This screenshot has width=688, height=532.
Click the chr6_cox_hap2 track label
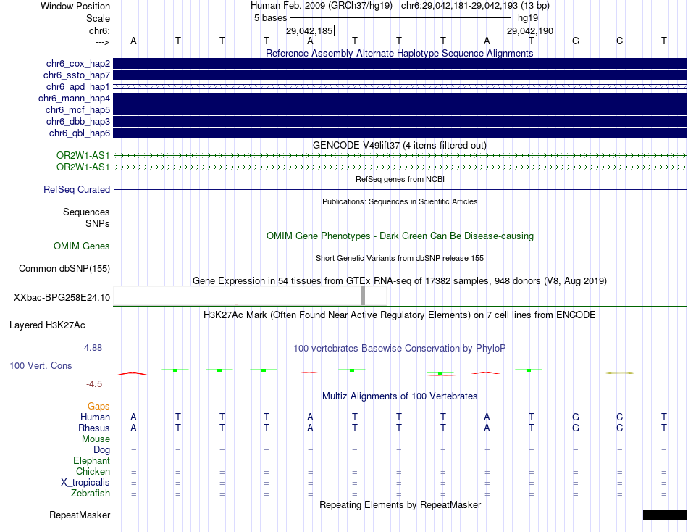click(x=77, y=64)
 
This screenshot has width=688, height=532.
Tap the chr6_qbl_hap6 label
click(x=80, y=133)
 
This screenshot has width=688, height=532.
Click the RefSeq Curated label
click(x=77, y=190)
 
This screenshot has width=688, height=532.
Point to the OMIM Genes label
click(x=82, y=246)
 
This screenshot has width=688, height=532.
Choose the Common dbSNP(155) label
click(x=64, y=269)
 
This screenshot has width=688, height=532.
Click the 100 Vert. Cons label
click(x=41, y=366)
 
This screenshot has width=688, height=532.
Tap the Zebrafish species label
click(x=91, y=494)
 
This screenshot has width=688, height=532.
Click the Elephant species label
click(x=91, y=461)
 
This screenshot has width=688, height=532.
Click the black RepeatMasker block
click(x=665, y=515)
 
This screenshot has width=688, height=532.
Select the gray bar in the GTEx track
click(x=364, y=296)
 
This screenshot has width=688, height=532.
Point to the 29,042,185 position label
click(x=309, y=31)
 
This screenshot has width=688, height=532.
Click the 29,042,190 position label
click(x=530, y=31)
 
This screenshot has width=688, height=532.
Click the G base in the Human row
click(x=576, y=417)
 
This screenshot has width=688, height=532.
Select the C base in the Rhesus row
click(x=620, y=428)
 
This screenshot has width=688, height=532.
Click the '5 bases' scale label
click(x=271, y=17)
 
